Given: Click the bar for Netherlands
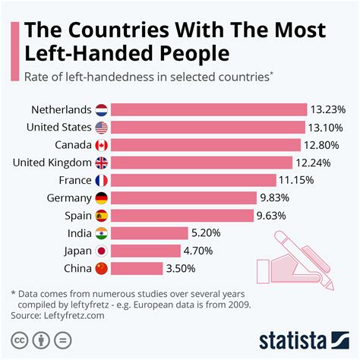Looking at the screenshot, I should [x=210, y=109].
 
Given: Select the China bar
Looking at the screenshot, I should [x=137, y=267].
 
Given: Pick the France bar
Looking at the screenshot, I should [x=194, y=180].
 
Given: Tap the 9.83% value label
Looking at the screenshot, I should [x=278, y=197].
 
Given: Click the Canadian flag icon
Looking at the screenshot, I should [x=102, y=144].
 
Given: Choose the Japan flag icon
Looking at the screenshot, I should [x=102, y=250].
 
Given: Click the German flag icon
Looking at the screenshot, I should [x=102, y=197].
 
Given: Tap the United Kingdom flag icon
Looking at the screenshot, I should [x=102, y=162].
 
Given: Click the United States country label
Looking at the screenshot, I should [x=58, y=127].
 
